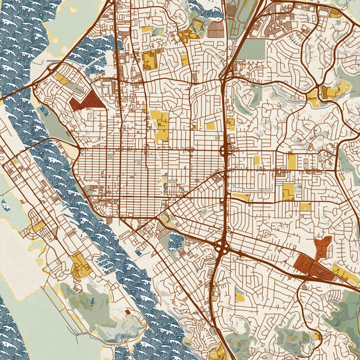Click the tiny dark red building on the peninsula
[x=127, y=312]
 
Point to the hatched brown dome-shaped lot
[x=215, y=28]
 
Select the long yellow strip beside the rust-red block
[x=346, y=276]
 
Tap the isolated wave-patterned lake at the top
[x=205, y=7]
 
